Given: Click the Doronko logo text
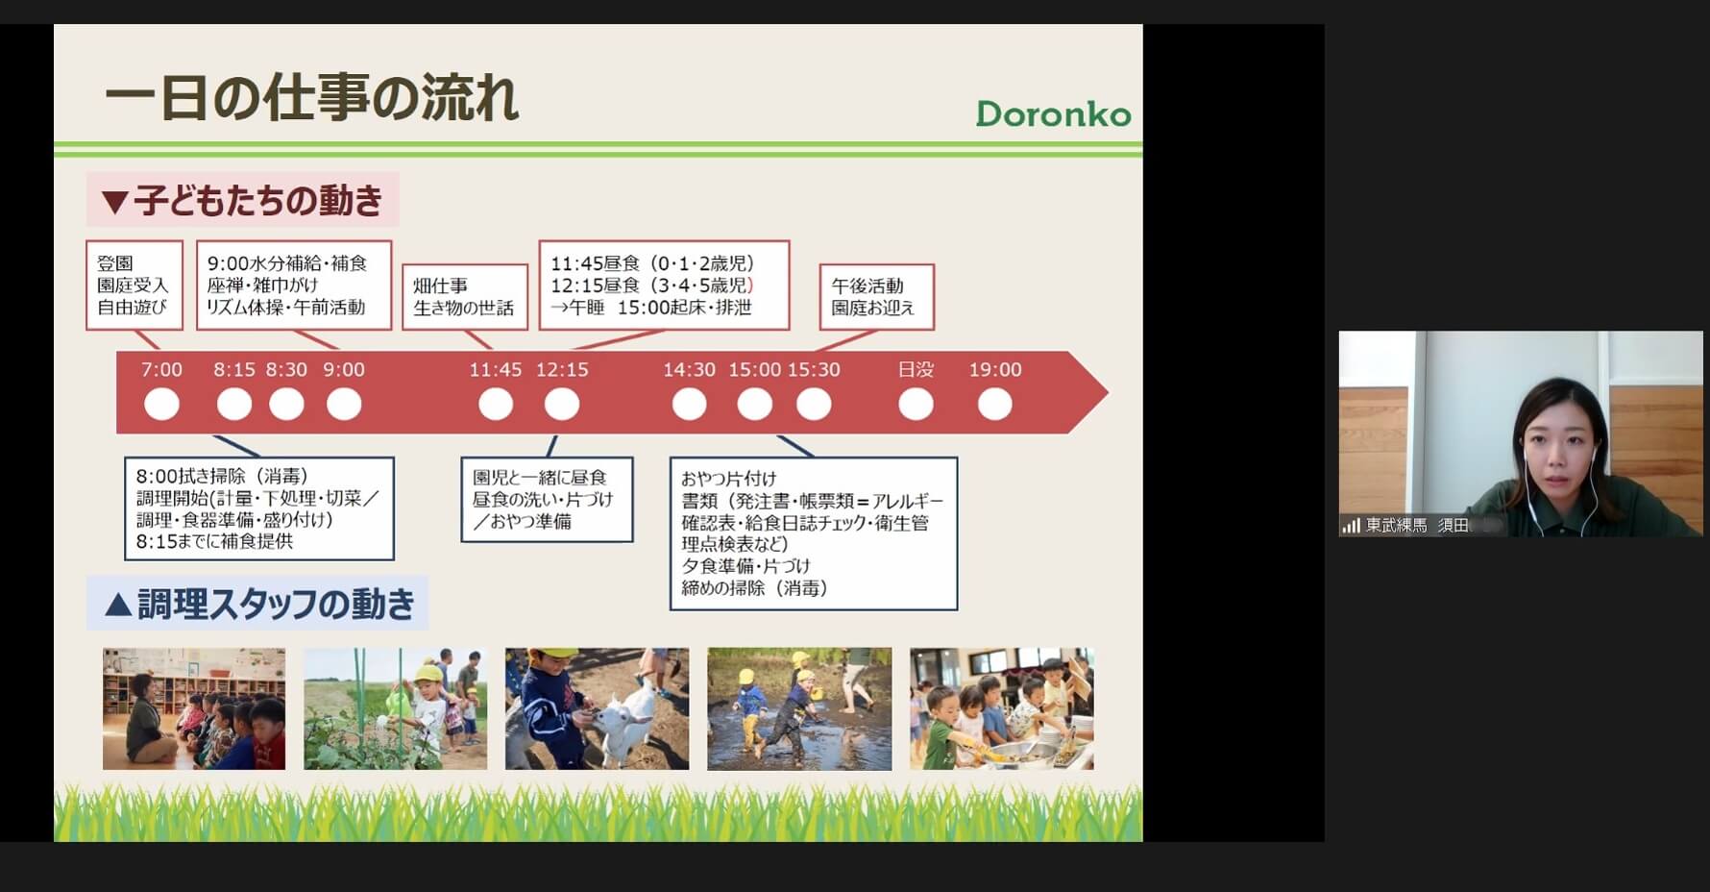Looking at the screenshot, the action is click(x=1053, y=114).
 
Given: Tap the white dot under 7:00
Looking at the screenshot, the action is click(x=161, y=404).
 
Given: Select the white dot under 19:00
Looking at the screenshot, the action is click(x=994, y=404).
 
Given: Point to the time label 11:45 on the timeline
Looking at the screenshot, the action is click(x=495, y=370).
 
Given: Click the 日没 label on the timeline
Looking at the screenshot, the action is click(x=916, y=370).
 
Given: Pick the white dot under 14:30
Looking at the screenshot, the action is click(x=689, y=404).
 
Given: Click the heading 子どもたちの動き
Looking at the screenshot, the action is click(x=243, y=200).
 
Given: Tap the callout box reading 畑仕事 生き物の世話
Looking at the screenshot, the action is click(x=465, y=297).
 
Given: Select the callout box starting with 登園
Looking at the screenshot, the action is click(x=134, y=285).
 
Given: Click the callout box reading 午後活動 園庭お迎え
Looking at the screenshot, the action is click(x=876, y=297).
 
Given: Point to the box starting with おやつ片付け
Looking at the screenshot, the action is click(x=814, y=533).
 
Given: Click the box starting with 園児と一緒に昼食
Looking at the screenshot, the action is click(x=547, y=500).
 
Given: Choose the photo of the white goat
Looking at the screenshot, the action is click(x=597, y=708).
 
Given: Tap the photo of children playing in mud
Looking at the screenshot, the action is click(x=799, y=708).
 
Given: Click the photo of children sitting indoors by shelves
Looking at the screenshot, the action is click(x=194, y=708).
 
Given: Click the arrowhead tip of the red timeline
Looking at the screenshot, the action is click(x=1108, y=392).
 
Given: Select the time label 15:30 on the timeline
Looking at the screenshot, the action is click(x=814, y=370).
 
